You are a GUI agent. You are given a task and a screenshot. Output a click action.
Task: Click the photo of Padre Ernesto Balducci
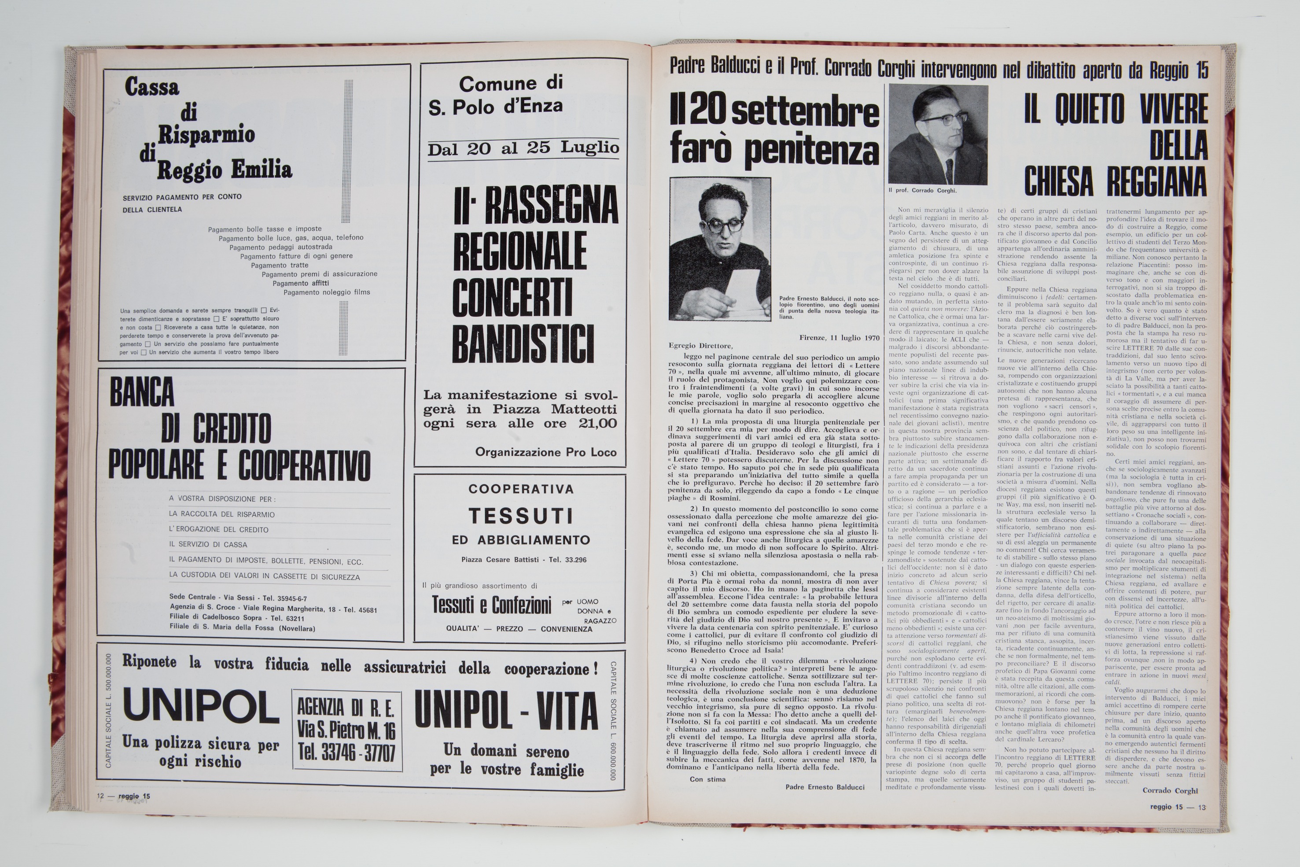coord(720,249)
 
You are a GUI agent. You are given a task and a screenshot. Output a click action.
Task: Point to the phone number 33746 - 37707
coord(346,752)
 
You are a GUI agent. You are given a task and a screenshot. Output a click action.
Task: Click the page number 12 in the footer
coord(100,796)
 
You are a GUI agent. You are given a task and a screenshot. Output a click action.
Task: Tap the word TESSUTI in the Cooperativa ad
coord(521,517)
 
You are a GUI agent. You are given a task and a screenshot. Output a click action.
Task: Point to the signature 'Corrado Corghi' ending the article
coord(1170,791)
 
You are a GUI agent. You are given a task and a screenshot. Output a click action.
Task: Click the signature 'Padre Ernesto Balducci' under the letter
coord(825,787)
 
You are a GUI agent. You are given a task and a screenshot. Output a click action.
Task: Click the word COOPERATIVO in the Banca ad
coord(304,465)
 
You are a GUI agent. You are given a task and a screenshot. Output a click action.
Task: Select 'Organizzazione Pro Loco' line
coord(545,452)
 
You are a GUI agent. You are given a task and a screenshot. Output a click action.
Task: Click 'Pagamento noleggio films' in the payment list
coord(327,292)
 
